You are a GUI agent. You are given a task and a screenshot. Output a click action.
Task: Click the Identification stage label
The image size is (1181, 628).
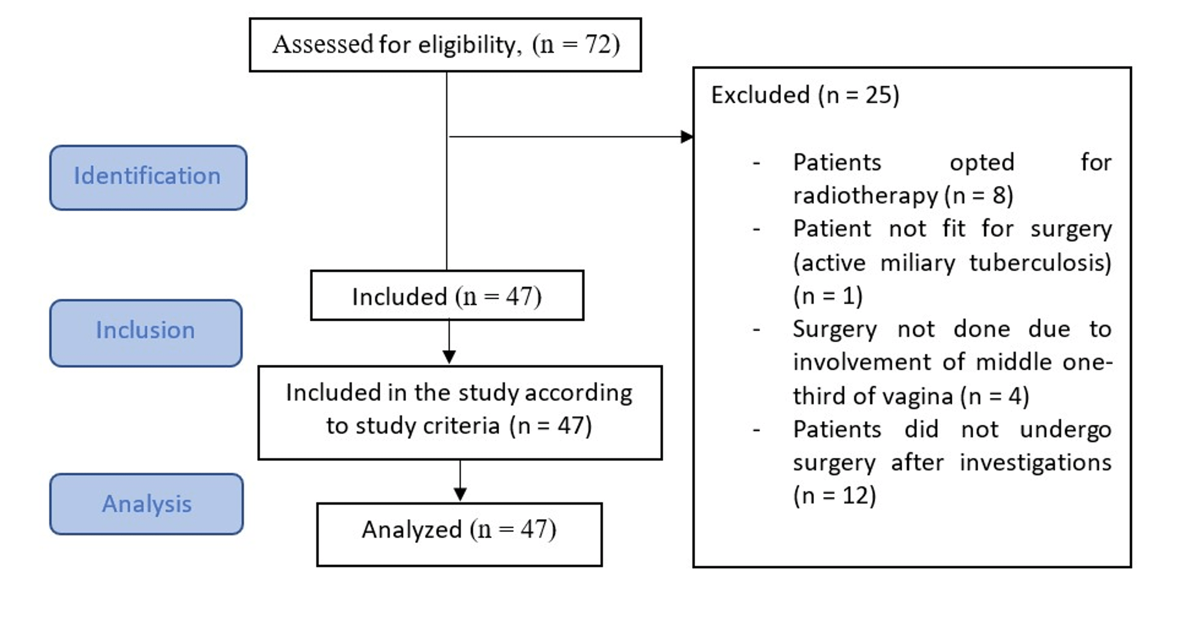pyautogui.click(x=148, y=177)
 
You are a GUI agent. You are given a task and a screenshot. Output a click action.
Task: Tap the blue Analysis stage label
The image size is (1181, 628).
pyautogui.click(x=147, y=504)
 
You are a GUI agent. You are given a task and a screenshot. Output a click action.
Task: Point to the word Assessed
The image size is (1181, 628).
pyautogui.click(x=323, y=44)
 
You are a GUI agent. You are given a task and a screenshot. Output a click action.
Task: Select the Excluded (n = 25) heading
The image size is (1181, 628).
pyautogui.click(x=805, y=95)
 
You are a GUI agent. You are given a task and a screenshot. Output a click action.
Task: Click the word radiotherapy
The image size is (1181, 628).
pyautogui.click(x=866, y=196)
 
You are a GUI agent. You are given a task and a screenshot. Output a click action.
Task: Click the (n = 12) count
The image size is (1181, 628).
pyautogui.click(x=835, y=495)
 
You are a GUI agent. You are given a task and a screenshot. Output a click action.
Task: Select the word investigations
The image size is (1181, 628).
pyautogui.click(x=1036, y=462)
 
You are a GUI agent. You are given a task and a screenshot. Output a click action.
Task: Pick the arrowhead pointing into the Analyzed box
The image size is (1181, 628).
pyautogui.click(x=460, y=494)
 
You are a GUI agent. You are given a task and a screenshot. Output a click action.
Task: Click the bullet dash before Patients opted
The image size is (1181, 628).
pyautogui.click(x=757, y=163)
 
